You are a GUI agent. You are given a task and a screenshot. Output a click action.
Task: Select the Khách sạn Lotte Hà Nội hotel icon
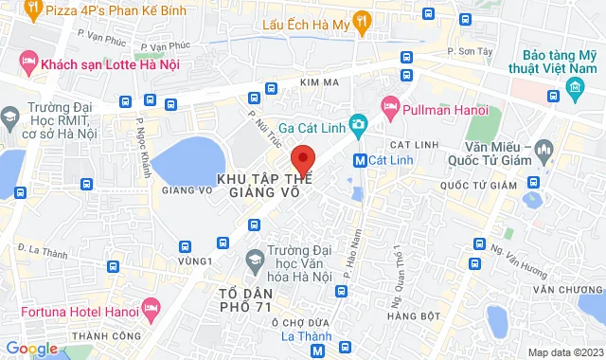pyautogui.click(x=28, y=63)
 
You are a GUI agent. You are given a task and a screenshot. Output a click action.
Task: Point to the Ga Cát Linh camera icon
pyautogui.click(x=358, y=124)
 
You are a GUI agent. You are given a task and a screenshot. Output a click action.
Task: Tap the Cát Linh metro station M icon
pyautogui.click(x=359, y=160)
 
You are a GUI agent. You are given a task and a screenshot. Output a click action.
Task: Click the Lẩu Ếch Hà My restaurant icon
pyautogui.click(x=360, y=20)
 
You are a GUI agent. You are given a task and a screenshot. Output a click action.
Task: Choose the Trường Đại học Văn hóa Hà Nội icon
pyautogui.click(x=254, y=259)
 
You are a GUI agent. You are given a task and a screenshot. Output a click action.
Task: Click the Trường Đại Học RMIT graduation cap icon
pyautogui.click(x=9, y=118)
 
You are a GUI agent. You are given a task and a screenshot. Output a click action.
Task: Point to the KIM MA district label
pyautogui.click(x=318, y=84)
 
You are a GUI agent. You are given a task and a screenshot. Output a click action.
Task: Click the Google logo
pyautogui.click(x=30, y=349)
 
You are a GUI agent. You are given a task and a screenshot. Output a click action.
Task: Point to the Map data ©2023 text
pyautogui.click(x=563, y=352)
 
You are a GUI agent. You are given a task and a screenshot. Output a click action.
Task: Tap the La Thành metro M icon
pyautogui.click(x=317, y=350)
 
